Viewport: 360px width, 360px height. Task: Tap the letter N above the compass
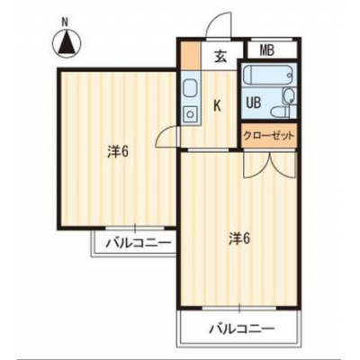(65, 22)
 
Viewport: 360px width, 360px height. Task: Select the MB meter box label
(266, 50)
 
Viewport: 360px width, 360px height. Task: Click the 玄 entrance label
(220, 57)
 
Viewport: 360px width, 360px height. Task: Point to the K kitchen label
(217, 105)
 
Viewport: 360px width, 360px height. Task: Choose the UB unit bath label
(254, 103)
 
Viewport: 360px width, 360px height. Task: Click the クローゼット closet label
(268, 137)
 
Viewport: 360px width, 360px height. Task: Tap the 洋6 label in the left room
(118, 151)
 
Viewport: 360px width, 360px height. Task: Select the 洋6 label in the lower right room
(240, 239)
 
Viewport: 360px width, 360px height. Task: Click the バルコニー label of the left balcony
(139, 243)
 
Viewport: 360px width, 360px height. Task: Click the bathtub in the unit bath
(267, 76)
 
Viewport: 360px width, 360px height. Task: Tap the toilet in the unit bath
(281, 112)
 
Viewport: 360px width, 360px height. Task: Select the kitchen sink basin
(190, 87)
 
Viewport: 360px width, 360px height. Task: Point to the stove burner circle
(190, 113)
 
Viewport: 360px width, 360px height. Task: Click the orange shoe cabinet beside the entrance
(192, 56)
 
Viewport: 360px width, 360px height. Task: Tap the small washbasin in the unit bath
(289, 96)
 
